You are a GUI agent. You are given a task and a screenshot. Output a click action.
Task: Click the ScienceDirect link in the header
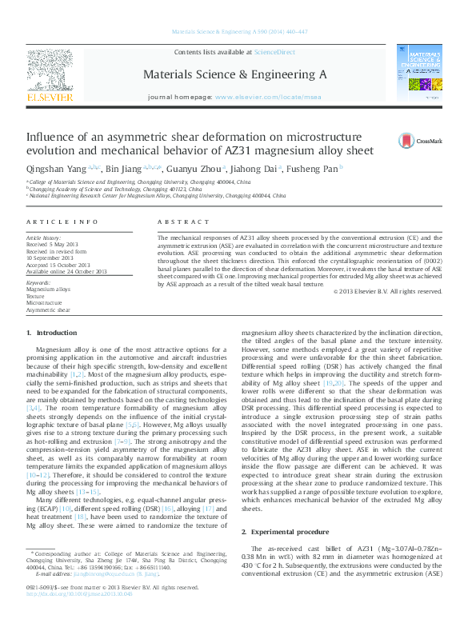pyautogui.click(x=274, y=52)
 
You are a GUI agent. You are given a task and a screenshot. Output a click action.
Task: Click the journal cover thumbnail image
pyautogui.click(x=419, y=73)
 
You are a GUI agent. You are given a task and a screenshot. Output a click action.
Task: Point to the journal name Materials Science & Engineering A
pyautogui.click(x=234, y=74)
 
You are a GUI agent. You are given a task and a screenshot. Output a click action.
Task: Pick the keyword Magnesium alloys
pyautogui.click(x=48, y=289)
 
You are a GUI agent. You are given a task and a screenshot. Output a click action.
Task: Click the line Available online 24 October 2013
pyautogui.click(x=66, y=271)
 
